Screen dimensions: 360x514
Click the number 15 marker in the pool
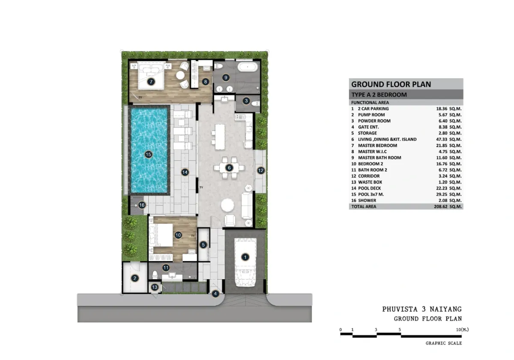[x=149, y=155]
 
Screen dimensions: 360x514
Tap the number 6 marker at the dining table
[x=230, y=168]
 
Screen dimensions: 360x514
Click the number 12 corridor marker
[x=261, y=170]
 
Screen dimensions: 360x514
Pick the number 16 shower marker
[x=142, y=205]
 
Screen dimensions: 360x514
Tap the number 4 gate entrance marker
[x=215, y=294]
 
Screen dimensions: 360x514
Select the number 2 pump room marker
[x=135, y=279]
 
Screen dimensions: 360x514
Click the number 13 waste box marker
[x=155, y=287]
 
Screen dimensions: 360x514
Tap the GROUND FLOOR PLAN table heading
[x=391, y=84]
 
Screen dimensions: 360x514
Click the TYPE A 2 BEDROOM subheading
[x=379, y=95]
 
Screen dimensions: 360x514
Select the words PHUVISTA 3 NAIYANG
[x=422, y=309]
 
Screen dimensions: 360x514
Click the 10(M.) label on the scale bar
[x=462, y=330]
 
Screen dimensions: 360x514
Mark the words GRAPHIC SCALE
[x=444, y=343]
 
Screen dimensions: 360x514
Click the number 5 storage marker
[x=204, y=245]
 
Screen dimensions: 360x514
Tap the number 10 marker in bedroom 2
[x=178, y=235]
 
